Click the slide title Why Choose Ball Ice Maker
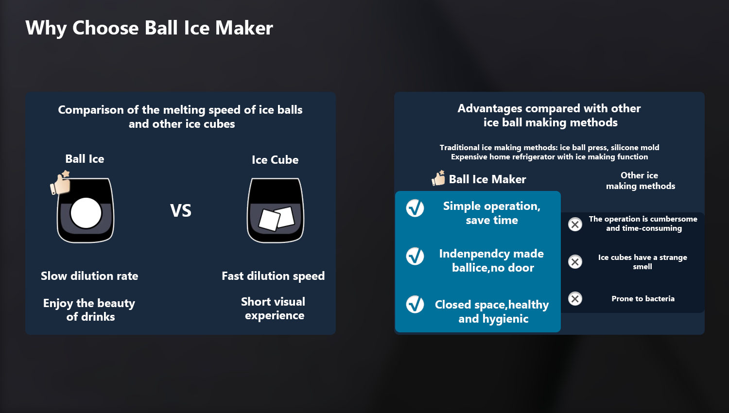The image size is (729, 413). [x=149, y=28]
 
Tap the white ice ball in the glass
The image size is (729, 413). [x=86, y=213]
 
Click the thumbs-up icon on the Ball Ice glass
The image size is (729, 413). [x=61, y=183]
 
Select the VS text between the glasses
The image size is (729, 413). [x=181, y=210]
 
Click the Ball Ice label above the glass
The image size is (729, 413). [x=85, y=159]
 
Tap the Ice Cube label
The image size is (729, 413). [x=275, y=160]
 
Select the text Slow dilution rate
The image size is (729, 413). [x=89, y=276]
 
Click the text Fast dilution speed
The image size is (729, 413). [x=273, y=276]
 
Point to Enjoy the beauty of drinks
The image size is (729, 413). [x=89, y=310]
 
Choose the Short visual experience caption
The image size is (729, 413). [x=273, y=309]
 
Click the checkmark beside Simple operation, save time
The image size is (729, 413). [x=415, y=208]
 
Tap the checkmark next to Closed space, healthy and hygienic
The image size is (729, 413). [x=415, y=304]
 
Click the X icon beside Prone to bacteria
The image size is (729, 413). [x=575, y=299]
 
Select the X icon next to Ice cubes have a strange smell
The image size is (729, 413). [x=575, y=262]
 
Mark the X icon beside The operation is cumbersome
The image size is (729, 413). [x=575, y=224]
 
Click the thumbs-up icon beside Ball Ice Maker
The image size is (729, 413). [x=438, y=178]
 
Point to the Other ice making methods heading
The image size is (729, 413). [x=640, y=181]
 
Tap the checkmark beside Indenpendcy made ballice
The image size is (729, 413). [x=415, y=256]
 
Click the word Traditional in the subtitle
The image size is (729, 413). [x=460, y=147]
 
